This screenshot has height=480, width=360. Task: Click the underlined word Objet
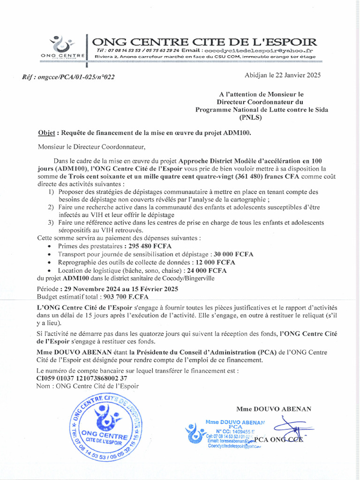(46, 133)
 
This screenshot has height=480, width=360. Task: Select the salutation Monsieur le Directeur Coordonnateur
(89, 147)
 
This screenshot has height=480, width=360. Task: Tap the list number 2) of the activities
(51, 207)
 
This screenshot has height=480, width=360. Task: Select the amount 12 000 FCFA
(215, 262)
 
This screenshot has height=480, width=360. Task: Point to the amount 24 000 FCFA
(206, 270)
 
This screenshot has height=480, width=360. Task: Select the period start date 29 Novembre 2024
(92, 289)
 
